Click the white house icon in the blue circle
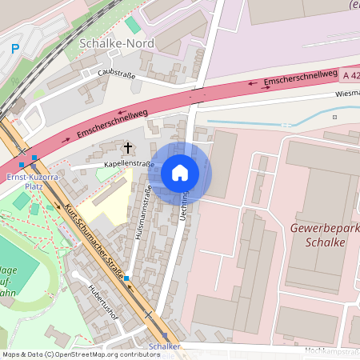[180, 172]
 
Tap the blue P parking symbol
[14, 48]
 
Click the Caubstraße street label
[117, 75]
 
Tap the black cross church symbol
[127, 147]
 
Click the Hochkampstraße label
[332, 350]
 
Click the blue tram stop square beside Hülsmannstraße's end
[126, 278]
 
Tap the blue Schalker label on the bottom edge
[164, 346]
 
